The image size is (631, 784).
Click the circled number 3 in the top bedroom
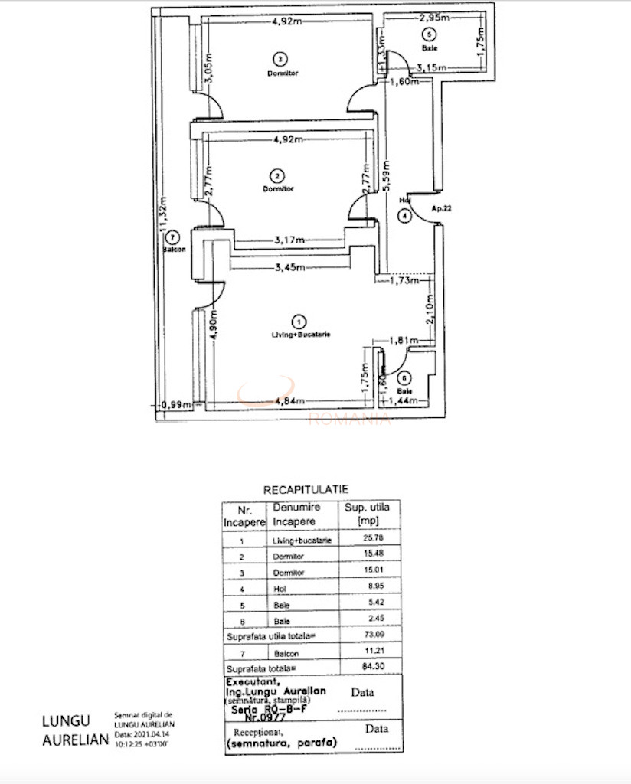pyautogui.click(x=281, y=59)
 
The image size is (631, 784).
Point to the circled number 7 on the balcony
pyautogui.click(x=173, y=237)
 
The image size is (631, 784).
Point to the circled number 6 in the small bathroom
pyautogui.click(x=404, y=377)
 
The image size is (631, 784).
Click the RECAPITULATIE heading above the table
pyautogui.click(x=306, y=488)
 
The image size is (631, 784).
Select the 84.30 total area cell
pyautogui.click(x=373, y=666)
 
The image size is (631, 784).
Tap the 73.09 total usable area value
pyautogui.click(x=373, y=635)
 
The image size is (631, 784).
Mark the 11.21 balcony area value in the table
pyautogui.click(x=373, y=651)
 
